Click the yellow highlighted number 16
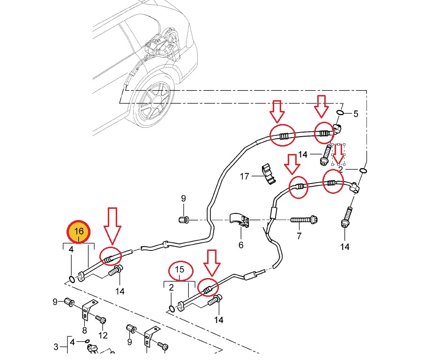point(79,231)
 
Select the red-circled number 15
point(180,270)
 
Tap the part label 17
point(245,176)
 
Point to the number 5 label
point(356,114)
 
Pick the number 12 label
point(103,335)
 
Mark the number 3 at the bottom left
point(56,347)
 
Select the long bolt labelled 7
point(304,219)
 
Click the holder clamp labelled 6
point(241,220)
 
